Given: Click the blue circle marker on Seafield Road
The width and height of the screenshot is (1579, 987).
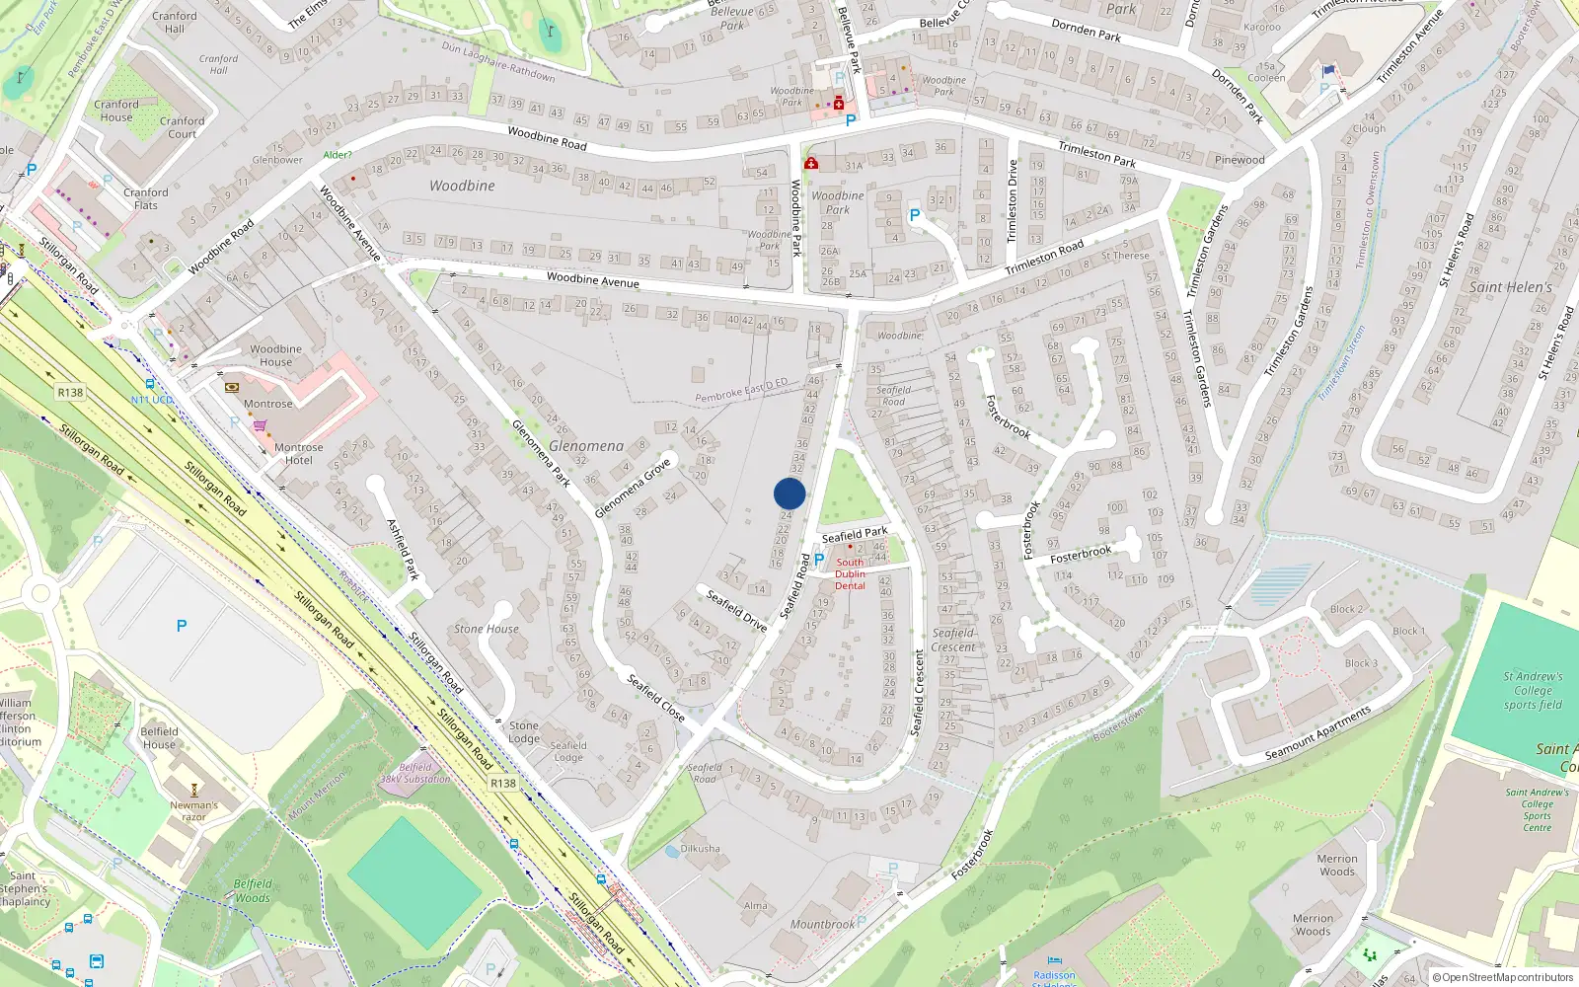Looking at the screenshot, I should pyautogui.click(x=789, y=493).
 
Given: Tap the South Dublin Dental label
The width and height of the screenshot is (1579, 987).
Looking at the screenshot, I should pyautogui.click(x=850, y=573).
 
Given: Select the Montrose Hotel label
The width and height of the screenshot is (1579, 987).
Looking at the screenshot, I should pyautogui.click(x=298, y=454).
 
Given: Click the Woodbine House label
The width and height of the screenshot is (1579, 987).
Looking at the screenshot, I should pyautogui.click(x=276, y=355).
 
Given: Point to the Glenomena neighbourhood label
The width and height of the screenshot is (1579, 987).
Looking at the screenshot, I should pyautogui.click(x=586, y=446).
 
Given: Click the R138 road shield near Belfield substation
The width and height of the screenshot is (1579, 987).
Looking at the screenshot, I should pyautogui.click(x=503, y=783).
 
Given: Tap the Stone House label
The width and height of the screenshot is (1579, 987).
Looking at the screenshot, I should pyautogui.click(x=487, y=629).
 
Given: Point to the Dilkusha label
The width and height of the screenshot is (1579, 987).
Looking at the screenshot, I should pyautogui.click(x=701, y=849).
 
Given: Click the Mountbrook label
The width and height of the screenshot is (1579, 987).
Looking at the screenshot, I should pyautogui.click(x=822, y=925).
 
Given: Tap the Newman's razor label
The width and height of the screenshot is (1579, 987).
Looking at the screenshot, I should pyautogui.click(x=194, y=810).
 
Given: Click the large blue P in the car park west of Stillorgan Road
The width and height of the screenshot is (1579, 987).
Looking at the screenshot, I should pyautogui.click(x=182, y=626).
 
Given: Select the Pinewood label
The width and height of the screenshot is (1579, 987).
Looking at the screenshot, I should pyautogui.click(x=1240, y=160).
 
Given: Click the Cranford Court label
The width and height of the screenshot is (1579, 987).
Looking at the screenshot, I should pyautogui.click(x=183, y=127).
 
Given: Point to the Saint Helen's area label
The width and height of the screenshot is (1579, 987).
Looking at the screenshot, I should pyautogui.click(x=1511, y=287).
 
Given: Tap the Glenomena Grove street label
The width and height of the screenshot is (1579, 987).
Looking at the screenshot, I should pyautogui.click(x=633, y=488).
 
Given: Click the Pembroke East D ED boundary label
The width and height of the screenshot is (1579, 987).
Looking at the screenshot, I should pyautogui.click(x=741, y=391).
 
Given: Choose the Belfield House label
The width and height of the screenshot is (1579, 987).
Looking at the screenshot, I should pyautogui.click(x=159, y=738).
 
